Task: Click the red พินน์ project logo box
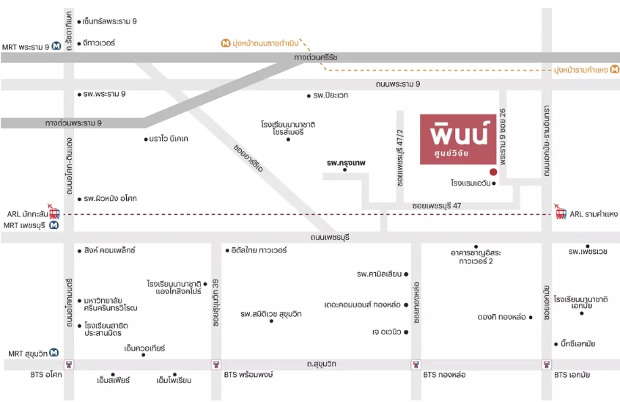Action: [x=458, y=139]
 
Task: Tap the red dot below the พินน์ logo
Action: [x=493, y=172]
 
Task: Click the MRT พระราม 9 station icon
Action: [x=56, y=46]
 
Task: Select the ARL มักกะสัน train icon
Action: [x=53, y=213]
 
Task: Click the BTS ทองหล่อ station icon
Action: [x=416, y=365]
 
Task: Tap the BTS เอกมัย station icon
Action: [x=547, y=365]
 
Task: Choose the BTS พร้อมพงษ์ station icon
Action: [x=216, y=365]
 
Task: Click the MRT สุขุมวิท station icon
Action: [x=54, y=352]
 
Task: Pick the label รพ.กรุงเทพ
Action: [x=346, y=163]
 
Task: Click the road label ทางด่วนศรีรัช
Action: [x=316, y=57]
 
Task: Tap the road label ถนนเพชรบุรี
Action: [x=330, y=238]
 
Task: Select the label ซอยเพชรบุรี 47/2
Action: [x=400, y=158]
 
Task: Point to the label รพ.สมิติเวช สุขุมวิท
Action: [x=271, y=314]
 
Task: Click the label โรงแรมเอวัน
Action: [x=470, y=183]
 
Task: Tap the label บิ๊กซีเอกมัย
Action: [x=577, y=344]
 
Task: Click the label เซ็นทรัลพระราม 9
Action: [x=109, y=21]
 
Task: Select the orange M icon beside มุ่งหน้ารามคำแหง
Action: [x=614, y=69]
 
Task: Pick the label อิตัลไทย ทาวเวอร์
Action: [x=259, y=250]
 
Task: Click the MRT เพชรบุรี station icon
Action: [x=53, y=225]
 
